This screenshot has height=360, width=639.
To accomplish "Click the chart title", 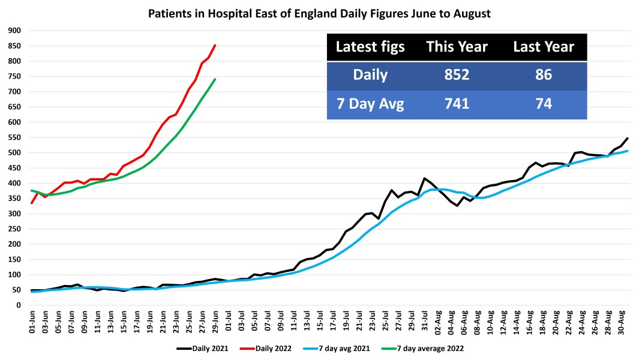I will pos(319,13).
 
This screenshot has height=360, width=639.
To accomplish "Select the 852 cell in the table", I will pos(457,76).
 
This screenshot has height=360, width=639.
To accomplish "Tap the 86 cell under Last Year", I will pos(544,76).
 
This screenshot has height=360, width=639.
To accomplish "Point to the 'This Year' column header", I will pos(457,47).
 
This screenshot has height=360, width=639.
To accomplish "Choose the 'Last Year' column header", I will pos(544,47).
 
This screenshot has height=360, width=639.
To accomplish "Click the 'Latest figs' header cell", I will pos(370,47).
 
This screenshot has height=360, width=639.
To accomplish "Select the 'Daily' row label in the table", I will pos(370,76).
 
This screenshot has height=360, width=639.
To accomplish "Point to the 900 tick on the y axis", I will pos(14,31).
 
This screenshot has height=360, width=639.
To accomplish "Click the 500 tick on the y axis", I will pos(14,152).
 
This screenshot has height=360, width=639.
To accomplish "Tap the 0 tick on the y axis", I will pos(19,305).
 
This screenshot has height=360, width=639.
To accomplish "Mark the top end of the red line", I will pos(215,45).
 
